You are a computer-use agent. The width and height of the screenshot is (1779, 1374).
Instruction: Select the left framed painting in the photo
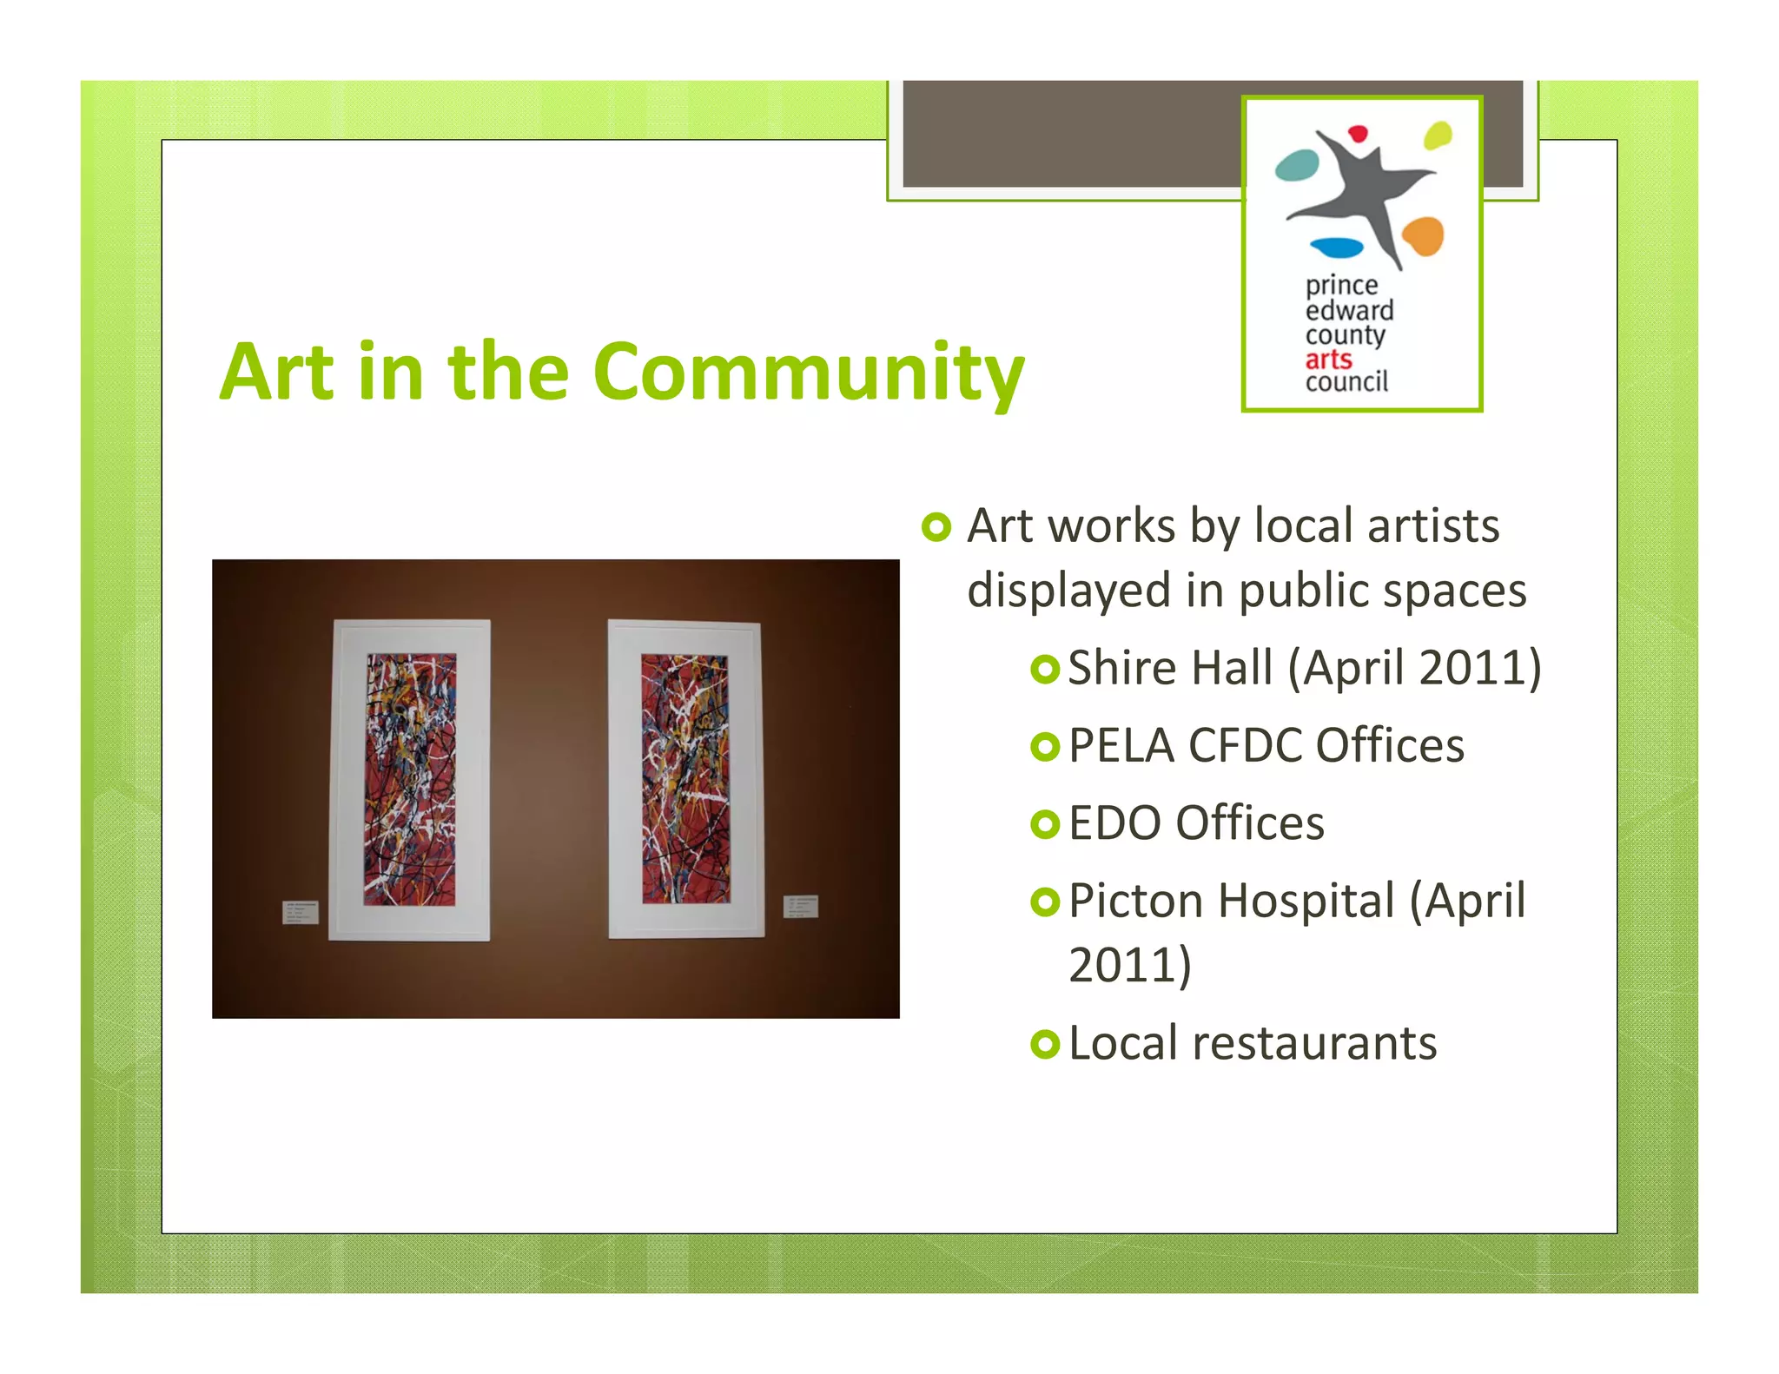click(410, 779)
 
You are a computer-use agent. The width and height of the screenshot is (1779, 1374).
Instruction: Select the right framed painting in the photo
click(685, 778)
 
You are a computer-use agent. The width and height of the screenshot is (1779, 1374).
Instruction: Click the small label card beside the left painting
click(301, 912)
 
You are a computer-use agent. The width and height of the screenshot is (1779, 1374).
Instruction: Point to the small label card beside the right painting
click(801, 906)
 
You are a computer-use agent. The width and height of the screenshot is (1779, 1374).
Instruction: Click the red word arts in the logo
click(1328, 360)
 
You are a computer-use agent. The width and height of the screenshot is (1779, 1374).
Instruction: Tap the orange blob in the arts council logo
click(1423, 235)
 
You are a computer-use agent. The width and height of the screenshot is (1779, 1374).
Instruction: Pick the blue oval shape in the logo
click(1336, 248)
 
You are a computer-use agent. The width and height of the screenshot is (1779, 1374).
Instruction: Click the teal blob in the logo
click(1297, 165)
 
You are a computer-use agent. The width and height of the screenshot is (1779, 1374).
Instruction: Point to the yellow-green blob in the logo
click(1438, 135)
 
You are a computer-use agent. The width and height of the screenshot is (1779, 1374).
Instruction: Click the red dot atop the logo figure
click(1358, 134)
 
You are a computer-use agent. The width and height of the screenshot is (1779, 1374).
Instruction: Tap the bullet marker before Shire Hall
click(1045, 669)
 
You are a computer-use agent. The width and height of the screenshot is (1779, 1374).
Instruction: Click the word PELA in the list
click(1121, 745)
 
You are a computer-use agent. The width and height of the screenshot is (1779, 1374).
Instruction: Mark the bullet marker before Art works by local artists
click(936, 526)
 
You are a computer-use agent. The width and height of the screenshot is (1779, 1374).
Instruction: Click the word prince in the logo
click(1341, 286)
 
